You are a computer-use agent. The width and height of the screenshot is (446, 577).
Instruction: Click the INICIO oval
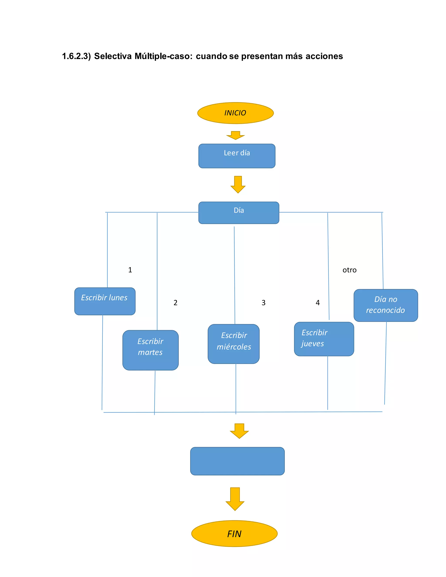(235, 113)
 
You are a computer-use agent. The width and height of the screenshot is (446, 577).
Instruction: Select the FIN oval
(234, 534)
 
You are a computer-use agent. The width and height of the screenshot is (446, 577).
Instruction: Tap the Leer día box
(237, 156)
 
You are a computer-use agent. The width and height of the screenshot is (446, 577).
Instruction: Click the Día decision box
(239, 213)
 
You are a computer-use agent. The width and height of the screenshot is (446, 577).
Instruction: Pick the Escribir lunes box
(105, 301)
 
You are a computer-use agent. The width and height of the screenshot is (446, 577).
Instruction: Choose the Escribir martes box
(150, 350)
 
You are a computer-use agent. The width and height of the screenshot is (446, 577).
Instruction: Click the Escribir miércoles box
(234, 344)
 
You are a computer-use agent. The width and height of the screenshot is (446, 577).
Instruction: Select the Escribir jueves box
(324, 339)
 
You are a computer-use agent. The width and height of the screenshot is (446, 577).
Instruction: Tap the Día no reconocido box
(386, 305)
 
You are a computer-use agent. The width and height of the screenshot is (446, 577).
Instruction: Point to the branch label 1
(130, 270)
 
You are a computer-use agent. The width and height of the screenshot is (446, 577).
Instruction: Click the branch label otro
(349, 270)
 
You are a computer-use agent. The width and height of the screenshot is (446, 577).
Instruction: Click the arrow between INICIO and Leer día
(235, 135)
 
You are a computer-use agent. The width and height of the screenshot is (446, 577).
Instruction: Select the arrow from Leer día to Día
(238, 184)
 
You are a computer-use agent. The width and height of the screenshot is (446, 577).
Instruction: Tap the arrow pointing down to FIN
(235, 499)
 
